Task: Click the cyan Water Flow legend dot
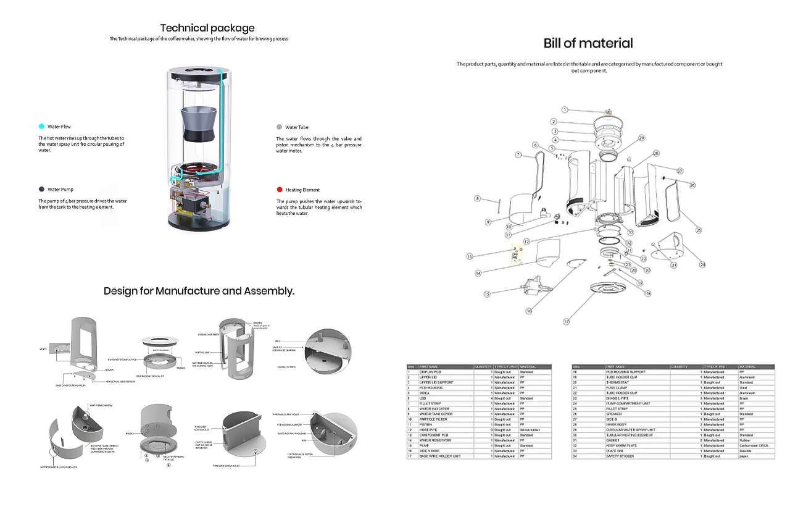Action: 41,127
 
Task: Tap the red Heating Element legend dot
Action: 280,190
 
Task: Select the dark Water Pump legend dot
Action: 41,190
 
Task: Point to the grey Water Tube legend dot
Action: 280,127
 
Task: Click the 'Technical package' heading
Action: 207,28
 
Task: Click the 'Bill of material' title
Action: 588,43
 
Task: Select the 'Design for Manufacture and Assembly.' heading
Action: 199,291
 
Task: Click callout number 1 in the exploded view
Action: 564,109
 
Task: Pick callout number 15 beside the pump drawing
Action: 487,294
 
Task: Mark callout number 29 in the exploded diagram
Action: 641,138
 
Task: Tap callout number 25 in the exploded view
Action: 699,230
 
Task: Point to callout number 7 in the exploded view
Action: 518,154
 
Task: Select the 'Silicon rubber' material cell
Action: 531,430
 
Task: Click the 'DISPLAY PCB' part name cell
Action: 430,372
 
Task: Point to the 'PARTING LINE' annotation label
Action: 204,353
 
